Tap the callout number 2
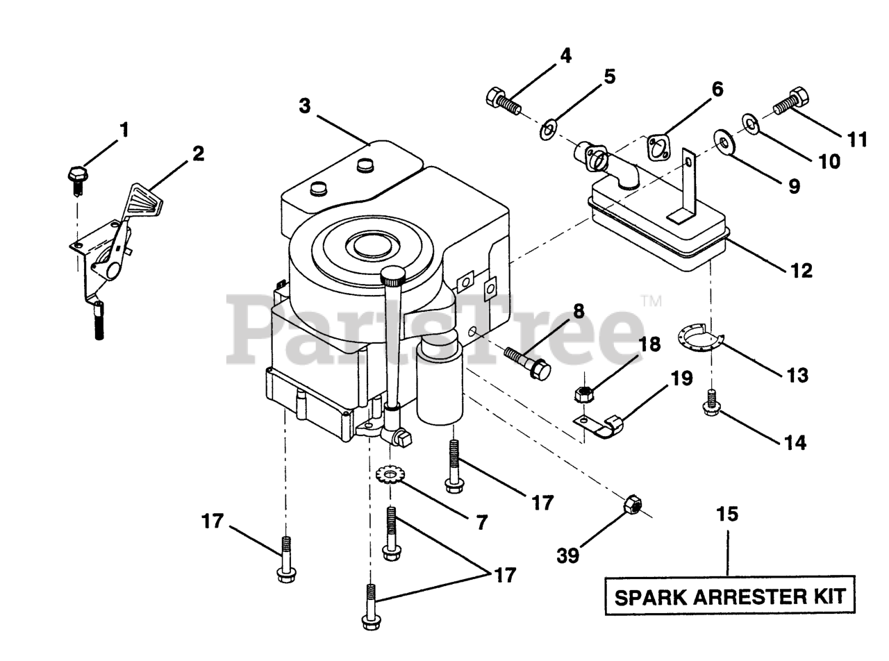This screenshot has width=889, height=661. pyautogui.click(x=199, y=153)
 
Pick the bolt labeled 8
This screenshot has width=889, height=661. pyautogui.click(x=526, y=362)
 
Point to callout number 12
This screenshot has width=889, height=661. pyautogui.click(x=801, y=269)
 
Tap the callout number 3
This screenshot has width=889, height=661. pyautogui.click(x=305, y=106)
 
